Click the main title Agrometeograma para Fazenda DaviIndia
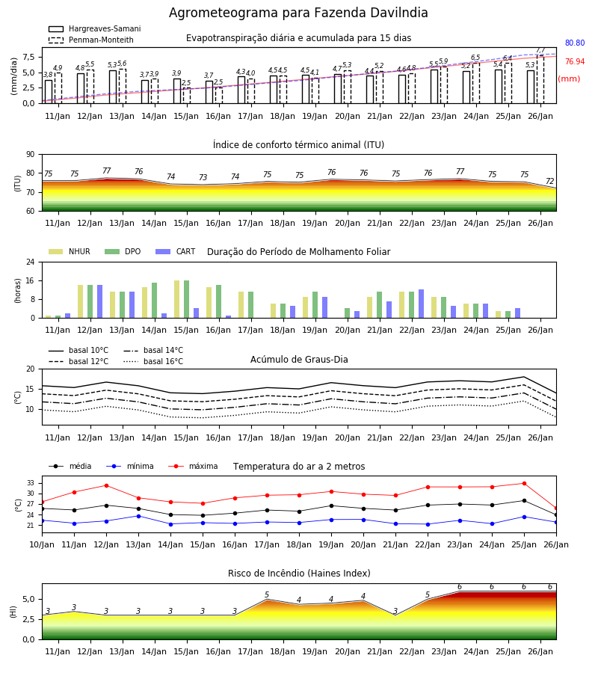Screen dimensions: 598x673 pos(298,13)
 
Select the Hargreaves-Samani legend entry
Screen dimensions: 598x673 pos(94,28)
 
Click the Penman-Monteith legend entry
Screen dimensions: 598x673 pos(91,40)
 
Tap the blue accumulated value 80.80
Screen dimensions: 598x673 pos(575,43)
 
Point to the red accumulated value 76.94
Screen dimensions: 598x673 pos(575,61)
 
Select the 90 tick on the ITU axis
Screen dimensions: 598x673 pos(31,155)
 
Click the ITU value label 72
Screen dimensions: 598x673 pos(549,181)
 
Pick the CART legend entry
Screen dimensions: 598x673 pos(175,251)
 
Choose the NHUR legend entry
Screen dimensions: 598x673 pos(69,251)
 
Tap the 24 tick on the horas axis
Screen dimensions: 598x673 pos(31,262)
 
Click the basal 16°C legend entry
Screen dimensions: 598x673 pos(153,361)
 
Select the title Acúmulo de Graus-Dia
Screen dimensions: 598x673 pos(299,359)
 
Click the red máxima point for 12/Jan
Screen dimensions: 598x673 pos(106,485)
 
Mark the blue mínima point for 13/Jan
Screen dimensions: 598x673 pos(138,516)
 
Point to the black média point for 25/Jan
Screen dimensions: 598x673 pos(524,500)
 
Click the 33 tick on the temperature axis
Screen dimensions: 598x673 pos(31,483)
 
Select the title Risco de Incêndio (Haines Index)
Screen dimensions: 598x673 pos(299,573)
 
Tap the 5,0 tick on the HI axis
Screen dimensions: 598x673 pos(29,599)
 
